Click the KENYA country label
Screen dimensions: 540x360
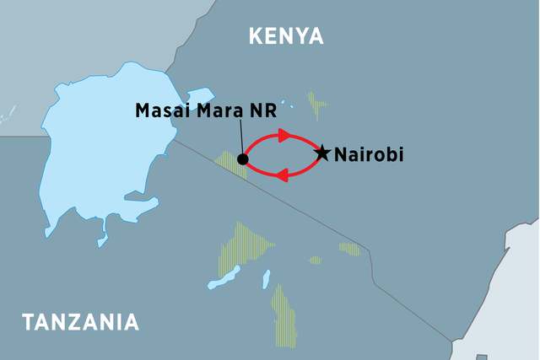pyautogui.click(x=286, y=35)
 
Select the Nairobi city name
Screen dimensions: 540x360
pyautogui.click(x=370, y=155)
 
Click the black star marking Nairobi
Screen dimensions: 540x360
pyautogui.click(x=322, y=153)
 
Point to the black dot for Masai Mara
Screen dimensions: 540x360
pyautogui.click(x=243, y=159)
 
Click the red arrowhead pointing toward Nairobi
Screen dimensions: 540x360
pyautogui.click(x=283, y=134)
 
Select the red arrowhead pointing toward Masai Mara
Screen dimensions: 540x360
pyautogui.click(x=283, y=175)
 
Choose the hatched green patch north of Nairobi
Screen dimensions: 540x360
pyautogui.click(x=316, y=105)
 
